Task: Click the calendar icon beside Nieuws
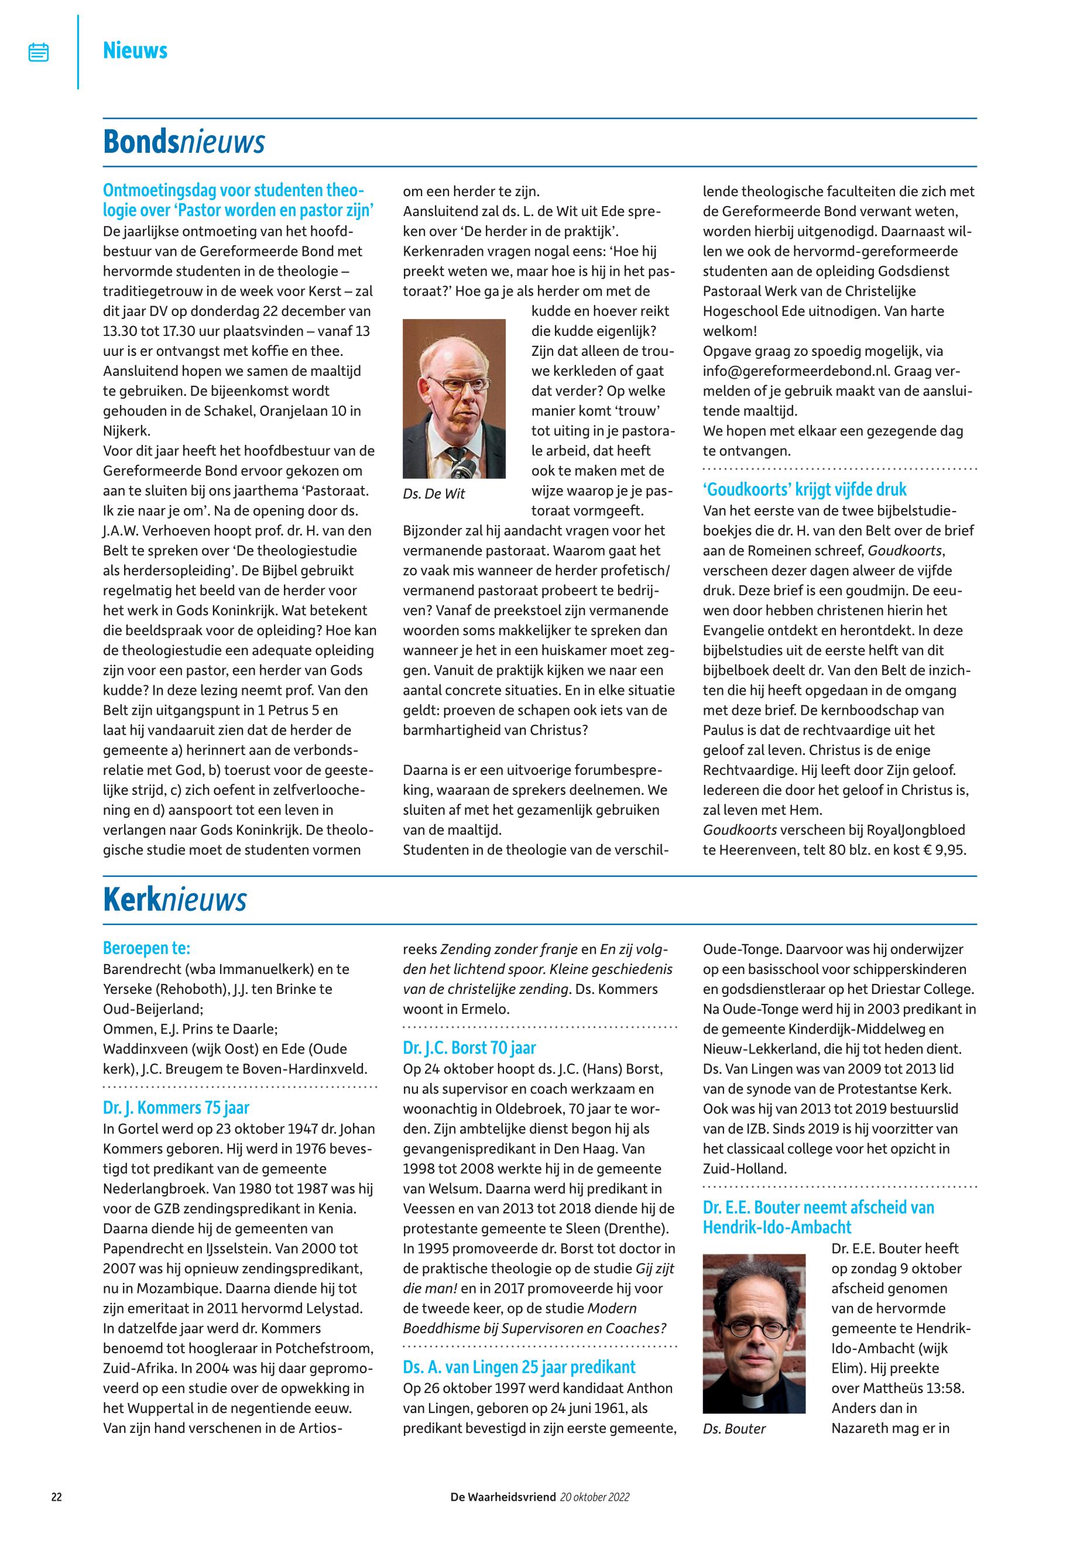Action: point(39,52)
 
